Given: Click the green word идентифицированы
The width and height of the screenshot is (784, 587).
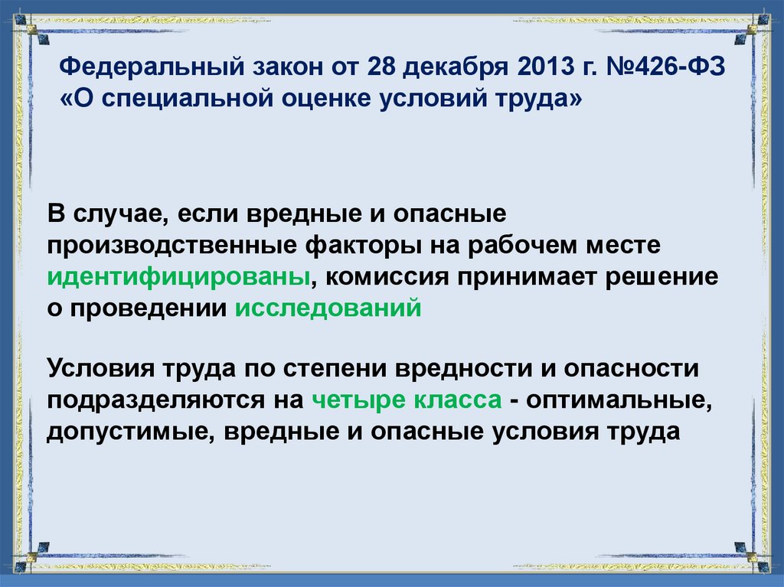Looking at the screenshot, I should [x=179, y=276].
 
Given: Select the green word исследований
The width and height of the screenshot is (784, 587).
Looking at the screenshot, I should [x=328, y=308].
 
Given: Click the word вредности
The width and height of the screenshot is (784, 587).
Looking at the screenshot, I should [x=468, y=367].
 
